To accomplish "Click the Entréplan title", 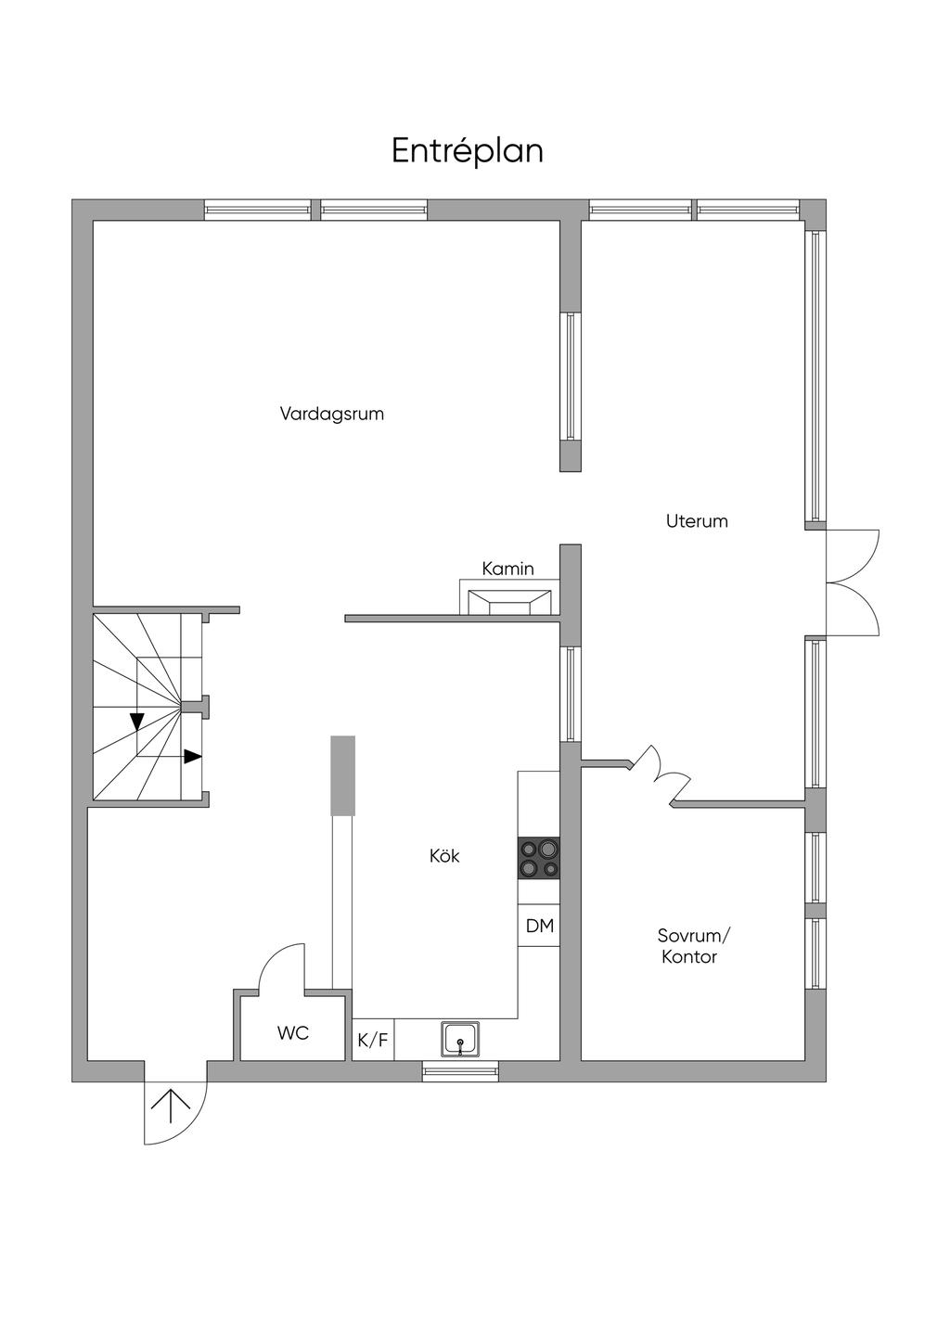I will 467,150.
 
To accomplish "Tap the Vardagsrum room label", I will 332,414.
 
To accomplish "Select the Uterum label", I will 697,521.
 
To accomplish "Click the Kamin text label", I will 507,569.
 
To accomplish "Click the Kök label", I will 444,856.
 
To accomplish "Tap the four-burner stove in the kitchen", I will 538,858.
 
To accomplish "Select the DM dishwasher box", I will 539,926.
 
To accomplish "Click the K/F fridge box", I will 373,1041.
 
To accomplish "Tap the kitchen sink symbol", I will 460,1039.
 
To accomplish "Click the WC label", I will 293,1033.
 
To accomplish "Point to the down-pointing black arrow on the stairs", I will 137,721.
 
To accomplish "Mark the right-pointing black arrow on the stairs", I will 192,757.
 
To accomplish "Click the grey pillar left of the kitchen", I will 343,775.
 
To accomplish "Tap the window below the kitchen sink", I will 460,1072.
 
